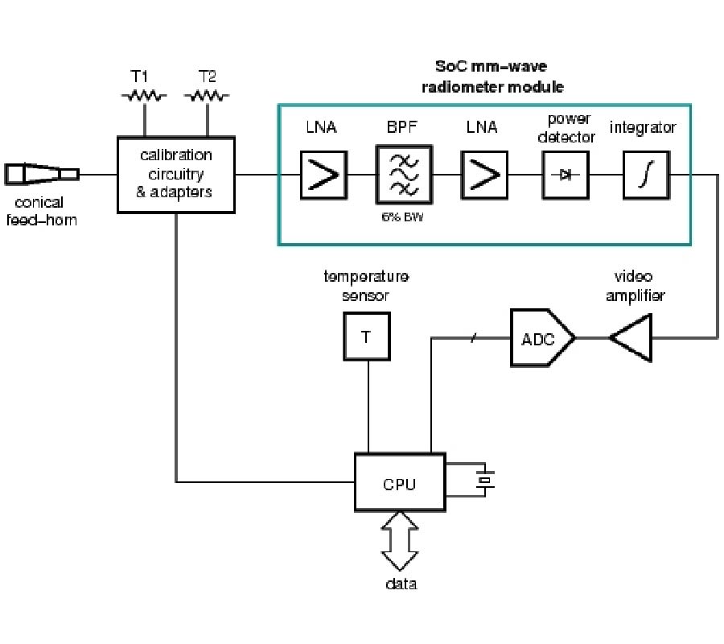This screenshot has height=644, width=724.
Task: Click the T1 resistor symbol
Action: pyautogui.click(x=144, y=96)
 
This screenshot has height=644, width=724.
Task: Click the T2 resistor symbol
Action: pyautogui.click(x=207, y=96)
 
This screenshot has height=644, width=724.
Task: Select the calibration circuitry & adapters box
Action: pyautogui.click(x=176, y=175)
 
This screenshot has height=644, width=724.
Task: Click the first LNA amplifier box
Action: pyautogui.click(x=324, y=175)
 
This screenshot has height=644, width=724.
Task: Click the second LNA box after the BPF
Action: pyautogui.click(x=484, y=175)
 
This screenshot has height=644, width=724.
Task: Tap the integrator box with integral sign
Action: pyautogui.click(x=645, y=175)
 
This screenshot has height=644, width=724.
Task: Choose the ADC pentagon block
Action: pyautogui.click(x=541, y=338)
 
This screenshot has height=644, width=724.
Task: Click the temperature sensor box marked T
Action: pyautogui.click(x=367, y=336)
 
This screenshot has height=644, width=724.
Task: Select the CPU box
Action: pyautogui.click(x=400, y=482)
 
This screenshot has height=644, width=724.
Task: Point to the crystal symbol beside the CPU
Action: pyautogui.click(x=483, y=481)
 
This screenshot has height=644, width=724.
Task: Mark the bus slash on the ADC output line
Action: pyautogui.click(x=473, y=337)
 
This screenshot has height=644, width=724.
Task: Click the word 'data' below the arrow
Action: pyautogui.click(x=400, y=584)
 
